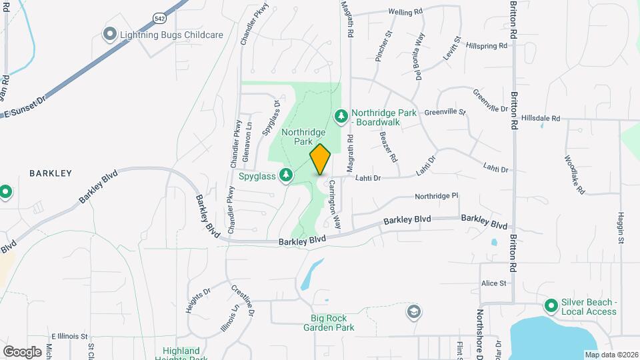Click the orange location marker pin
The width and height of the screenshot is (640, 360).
(x=321, y=159)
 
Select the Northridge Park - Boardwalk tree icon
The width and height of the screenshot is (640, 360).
(x=341, y=117)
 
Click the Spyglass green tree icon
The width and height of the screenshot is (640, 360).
(x=286, y=175)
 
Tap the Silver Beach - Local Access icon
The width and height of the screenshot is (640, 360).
(x=551, y=305)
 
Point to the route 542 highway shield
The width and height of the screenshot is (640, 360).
(x=159, y=19)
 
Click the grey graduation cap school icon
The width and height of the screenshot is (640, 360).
(x=414, y=311)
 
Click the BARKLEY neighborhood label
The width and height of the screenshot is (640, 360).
(x=51, y=173)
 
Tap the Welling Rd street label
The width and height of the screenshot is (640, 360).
(x=406, y=12)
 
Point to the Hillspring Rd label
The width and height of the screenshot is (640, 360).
(x=487, y=45)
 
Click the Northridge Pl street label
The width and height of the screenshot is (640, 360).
(x=437, y=196)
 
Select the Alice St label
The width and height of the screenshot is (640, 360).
(x=494, y=283)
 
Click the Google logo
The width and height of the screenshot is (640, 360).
(x=22, y=351)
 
